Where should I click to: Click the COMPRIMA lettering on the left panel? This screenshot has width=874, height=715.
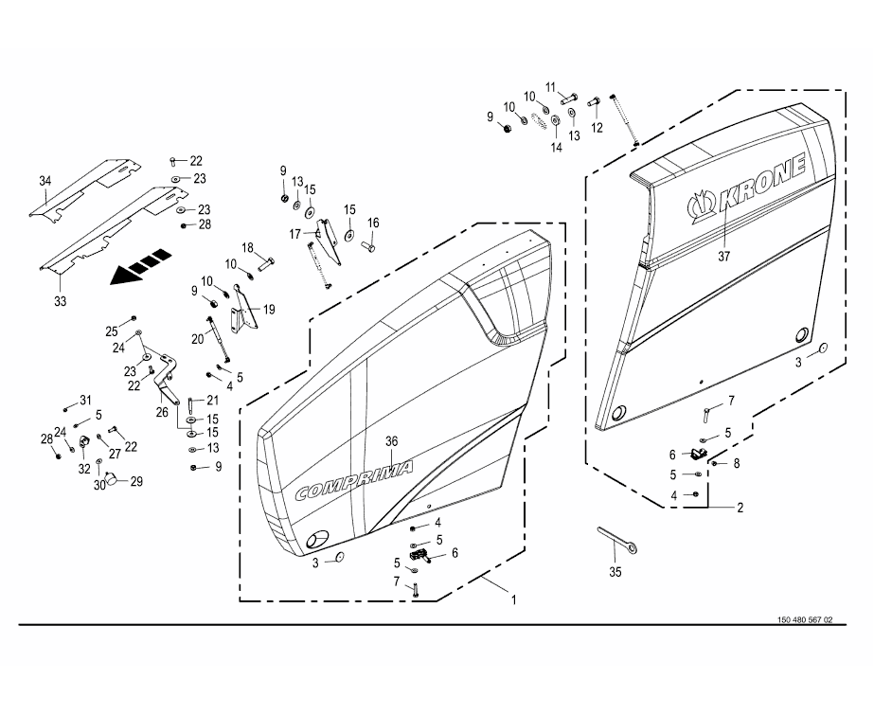354,481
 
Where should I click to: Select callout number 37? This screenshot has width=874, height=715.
725,256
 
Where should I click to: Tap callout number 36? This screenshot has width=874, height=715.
393,441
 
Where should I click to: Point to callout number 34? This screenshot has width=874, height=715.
45,181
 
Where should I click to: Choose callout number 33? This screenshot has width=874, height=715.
60,301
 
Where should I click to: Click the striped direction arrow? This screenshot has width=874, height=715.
139,266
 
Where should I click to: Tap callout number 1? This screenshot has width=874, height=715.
514,599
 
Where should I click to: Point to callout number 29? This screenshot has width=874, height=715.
136,482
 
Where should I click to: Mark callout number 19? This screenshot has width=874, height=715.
269,309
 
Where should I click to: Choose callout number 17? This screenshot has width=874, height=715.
295,233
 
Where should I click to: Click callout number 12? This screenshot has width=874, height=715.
597,127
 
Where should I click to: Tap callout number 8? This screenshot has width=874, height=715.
736,463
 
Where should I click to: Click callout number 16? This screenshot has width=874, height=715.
373,223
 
